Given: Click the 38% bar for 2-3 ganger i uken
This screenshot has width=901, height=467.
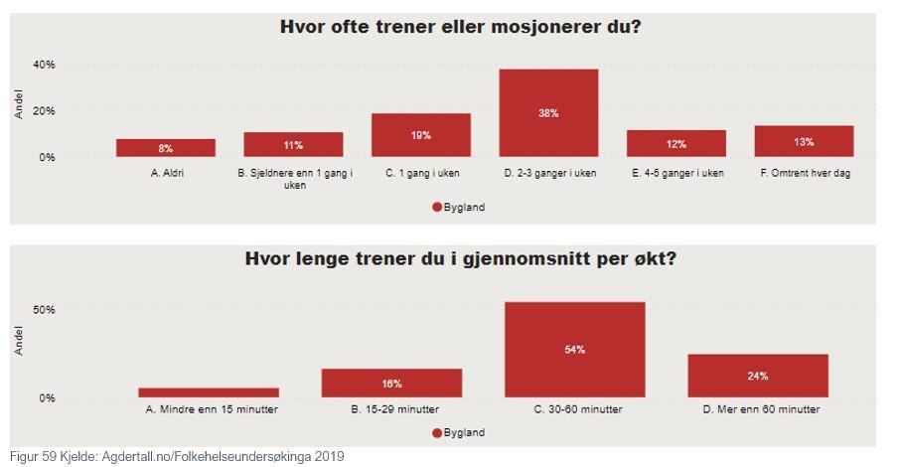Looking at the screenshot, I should pos(548,112).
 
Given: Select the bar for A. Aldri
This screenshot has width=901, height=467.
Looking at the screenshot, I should pos(165,147).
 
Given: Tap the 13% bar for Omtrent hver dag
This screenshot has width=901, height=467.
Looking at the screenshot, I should pos(804,141).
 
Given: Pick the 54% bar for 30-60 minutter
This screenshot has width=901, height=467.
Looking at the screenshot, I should pos(574,349).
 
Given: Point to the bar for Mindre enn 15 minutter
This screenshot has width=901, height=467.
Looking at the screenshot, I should pos(209,392).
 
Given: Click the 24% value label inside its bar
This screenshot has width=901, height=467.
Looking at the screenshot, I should pos(758,376).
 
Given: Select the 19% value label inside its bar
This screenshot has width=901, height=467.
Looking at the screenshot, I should pos(420,135).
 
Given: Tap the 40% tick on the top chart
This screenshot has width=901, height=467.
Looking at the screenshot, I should pos(44,65).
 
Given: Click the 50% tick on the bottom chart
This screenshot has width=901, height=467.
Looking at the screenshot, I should pos(44,310).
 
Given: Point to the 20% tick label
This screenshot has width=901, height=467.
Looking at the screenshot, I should pos(44,111).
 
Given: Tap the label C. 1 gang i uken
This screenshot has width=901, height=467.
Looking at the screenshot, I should pos(420,173).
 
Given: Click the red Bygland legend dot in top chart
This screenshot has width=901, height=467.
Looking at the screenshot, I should pos(436,208).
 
